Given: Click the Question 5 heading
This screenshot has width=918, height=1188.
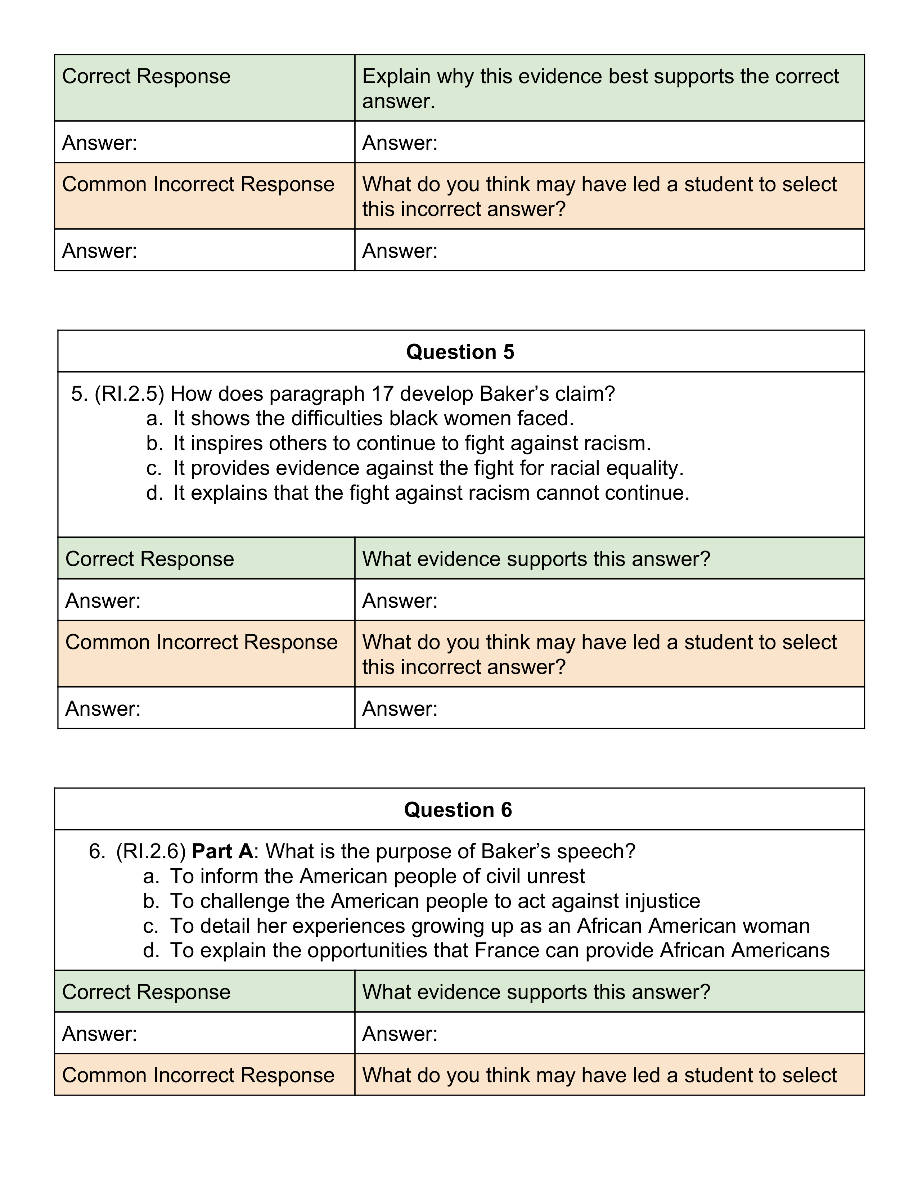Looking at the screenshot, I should coord(460,352).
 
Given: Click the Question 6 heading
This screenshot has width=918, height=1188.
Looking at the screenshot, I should coord(458,810).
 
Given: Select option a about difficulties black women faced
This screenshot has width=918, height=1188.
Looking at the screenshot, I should coord(373,418).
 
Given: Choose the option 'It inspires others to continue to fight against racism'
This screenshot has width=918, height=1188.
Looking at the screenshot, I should coord(412,443).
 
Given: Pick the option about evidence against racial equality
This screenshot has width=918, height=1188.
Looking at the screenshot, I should coord(428,468).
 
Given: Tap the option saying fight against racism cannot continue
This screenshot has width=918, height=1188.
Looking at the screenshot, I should coord(431,493).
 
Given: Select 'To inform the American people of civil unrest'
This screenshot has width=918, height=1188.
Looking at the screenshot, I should coord(377,876).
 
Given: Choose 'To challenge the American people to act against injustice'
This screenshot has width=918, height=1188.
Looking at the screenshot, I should coord(435,901).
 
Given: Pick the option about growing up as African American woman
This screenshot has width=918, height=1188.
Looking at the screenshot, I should coord(490,926).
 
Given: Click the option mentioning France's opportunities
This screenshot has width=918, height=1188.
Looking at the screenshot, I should coord(499,950).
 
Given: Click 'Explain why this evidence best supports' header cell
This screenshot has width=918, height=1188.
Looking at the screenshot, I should coord(600,88).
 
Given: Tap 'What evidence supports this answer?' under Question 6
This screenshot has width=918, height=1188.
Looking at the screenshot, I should coord(536,992).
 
